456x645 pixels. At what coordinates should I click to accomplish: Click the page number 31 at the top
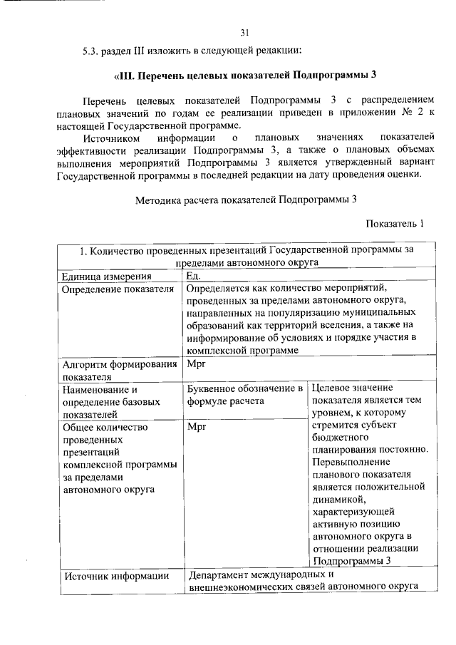click(245, 32)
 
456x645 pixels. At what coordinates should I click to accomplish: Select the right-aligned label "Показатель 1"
click(395, 224)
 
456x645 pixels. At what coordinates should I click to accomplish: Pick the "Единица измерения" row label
click(107, 277)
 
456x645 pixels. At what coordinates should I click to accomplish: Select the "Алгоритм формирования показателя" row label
click(119, 371)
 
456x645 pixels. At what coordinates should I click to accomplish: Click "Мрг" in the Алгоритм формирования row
click(196, 365)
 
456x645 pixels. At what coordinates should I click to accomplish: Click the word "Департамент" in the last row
click(219, 575)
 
